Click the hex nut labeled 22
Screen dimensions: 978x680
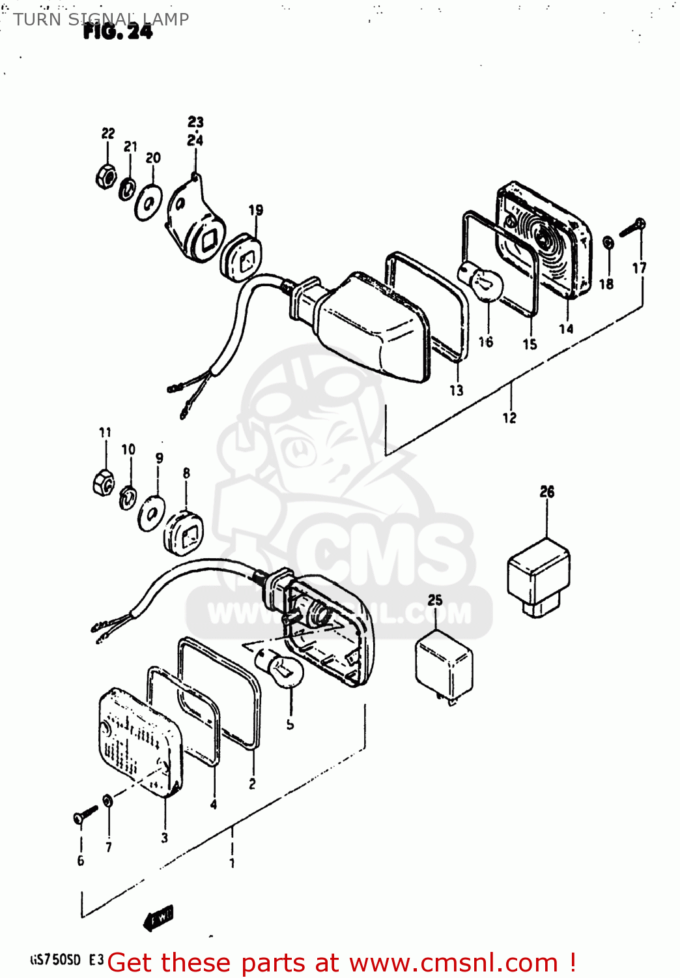[x=106, y=176]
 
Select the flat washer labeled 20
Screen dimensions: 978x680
[x=149, y=203]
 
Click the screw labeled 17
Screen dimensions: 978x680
[x=632, y=228]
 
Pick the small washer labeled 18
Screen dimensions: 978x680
[x=607, y=243]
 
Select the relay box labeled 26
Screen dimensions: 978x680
[x=539, y=577]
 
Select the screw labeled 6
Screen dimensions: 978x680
[x=85, y=814]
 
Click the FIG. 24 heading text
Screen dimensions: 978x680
[x=118, y=32]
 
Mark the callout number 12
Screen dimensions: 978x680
[x=509, y=418]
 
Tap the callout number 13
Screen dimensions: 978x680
[x=456, y=391]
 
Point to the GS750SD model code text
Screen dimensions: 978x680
[x=56, y=960]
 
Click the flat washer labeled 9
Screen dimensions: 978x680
[x=152, y=513]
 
